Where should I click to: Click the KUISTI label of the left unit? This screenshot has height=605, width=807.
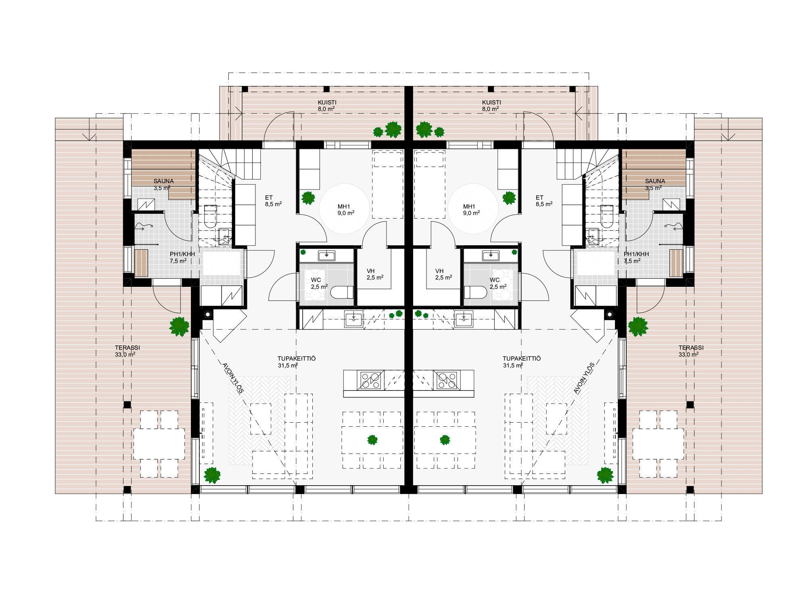327,102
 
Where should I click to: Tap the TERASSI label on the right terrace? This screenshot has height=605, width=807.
691,348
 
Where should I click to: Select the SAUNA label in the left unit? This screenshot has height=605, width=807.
163,181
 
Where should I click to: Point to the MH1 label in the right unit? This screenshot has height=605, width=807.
469,207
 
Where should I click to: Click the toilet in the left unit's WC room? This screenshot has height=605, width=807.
342,292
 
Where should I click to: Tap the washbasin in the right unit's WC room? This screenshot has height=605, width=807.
491,255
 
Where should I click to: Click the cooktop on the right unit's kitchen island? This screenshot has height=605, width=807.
447,380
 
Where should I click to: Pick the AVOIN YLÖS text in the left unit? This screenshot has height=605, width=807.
233,378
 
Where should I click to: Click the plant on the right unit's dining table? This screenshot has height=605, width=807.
445,440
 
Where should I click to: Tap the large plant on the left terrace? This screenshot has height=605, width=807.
179,326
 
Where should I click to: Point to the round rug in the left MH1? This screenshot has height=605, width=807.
344,209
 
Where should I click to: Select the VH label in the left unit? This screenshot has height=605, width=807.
370,271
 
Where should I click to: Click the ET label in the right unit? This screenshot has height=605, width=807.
539,198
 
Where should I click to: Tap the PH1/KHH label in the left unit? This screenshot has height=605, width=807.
182,254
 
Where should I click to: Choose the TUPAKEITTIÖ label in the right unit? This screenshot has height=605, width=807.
522,359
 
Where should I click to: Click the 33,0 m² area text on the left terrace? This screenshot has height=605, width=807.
125,355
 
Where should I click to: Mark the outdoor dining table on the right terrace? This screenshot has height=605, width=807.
658,444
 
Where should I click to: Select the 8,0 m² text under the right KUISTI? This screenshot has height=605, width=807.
490,109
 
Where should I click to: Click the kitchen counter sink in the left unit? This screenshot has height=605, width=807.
353,319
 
